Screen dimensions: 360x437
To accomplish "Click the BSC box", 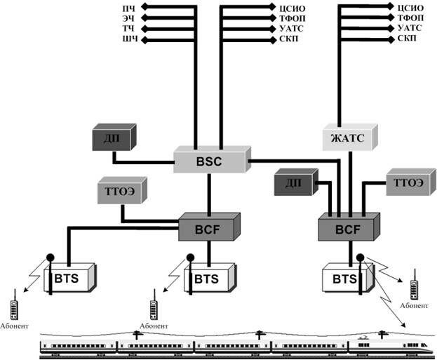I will (x=209, y=161).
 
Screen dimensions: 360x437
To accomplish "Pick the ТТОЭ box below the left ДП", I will (x=119, y=192).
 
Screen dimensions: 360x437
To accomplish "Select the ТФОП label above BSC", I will (x=288, y=18).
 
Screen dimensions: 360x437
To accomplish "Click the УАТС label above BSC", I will (x=288, y=28).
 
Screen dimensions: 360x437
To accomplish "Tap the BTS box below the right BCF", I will (x=345, y=279).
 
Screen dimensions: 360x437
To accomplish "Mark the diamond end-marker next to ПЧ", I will (x=144, y=8).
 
